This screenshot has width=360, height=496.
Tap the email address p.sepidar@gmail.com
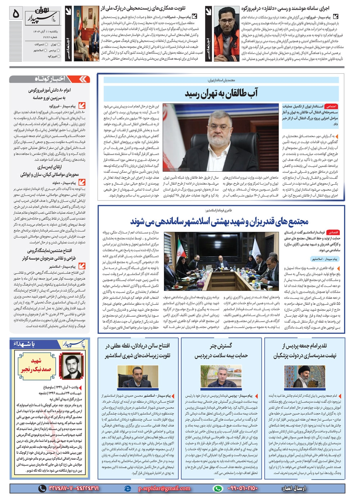[x=164, y=488]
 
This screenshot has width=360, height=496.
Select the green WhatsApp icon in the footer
[x=217, y=488]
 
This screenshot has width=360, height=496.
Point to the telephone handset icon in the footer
[x=42, y=488]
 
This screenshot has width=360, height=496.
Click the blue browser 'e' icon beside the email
[x=127, y=488]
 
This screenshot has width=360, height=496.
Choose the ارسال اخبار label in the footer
[x=293, y=488]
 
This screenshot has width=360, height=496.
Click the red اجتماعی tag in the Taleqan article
[x=331, y=107]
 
